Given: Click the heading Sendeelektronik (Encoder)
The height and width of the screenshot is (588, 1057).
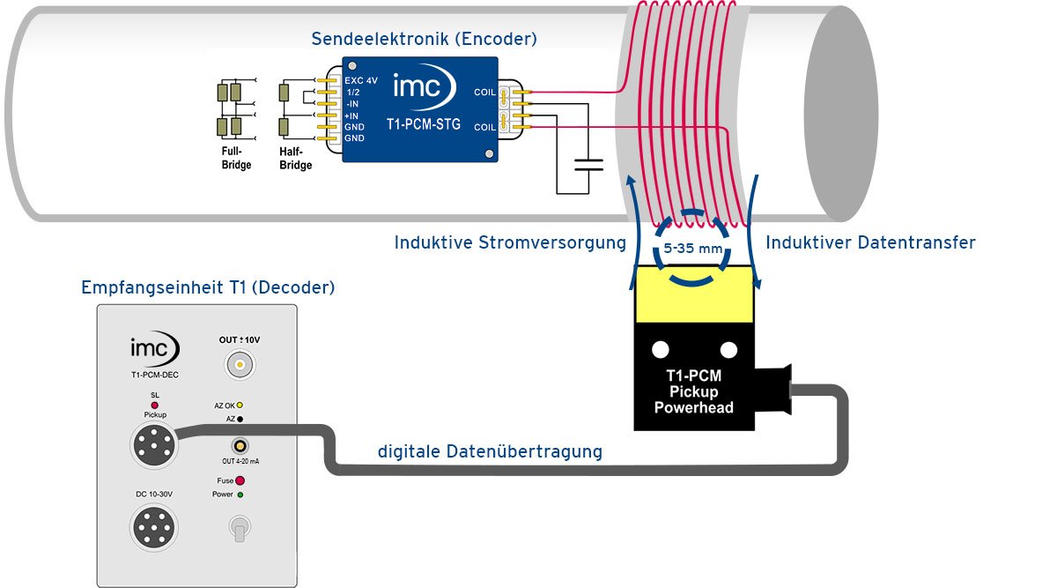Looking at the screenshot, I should coord(424,39).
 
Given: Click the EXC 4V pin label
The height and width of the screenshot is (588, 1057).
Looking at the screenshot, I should coord(361,80).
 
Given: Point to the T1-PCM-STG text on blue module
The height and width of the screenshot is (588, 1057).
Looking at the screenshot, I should coord(425,124).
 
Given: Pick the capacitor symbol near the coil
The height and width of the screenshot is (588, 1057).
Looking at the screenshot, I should coord(588,164).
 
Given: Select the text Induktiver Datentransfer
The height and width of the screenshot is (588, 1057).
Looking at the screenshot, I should coord(870,242).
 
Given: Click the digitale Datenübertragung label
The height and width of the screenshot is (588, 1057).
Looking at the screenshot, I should coord(491,451).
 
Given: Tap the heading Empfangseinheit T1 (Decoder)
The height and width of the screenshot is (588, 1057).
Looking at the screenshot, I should coord(208,288).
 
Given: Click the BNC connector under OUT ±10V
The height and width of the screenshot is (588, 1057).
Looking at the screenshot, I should coord(236,363).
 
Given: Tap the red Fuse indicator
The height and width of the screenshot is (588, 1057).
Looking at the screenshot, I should coord(240,481).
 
